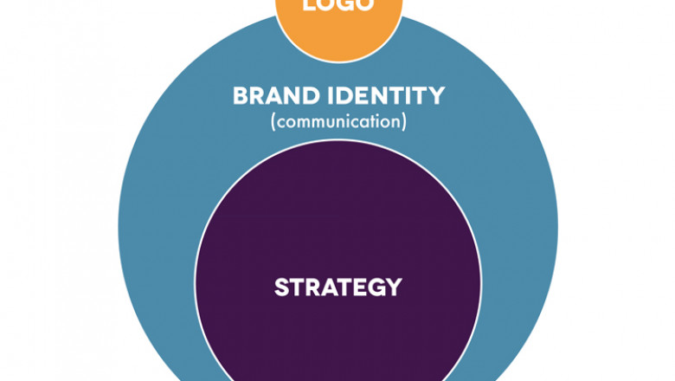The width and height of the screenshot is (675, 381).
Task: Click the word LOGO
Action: pos(338,5)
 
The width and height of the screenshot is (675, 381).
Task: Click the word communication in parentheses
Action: pos(338,121)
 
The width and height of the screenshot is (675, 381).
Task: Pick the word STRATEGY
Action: pos(338,287)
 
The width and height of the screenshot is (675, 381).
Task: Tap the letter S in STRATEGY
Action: pos(281,287)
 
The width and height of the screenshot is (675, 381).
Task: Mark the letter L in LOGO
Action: pos(309,5)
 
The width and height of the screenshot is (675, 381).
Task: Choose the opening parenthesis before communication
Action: pos(273,122)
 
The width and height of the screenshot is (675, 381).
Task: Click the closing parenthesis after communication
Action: pos(403,122)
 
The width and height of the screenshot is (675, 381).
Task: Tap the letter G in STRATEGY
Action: pos(376,287)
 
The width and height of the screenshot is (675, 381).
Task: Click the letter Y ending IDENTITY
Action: pos(437,95)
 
